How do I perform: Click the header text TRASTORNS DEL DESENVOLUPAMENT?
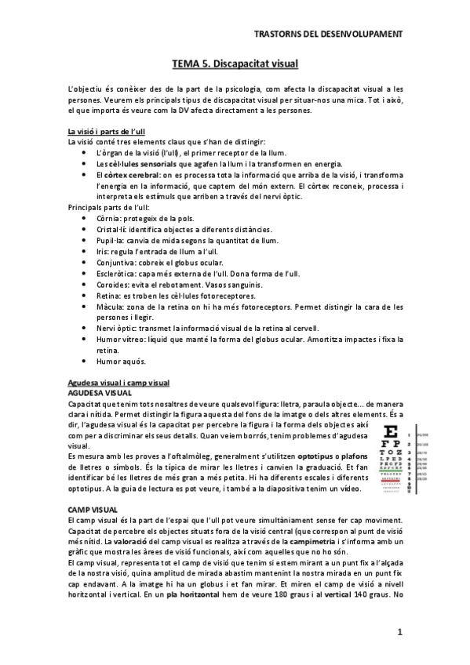(330, 35)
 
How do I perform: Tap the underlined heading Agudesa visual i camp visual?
(119, 382)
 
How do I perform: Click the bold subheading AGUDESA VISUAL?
(100, 392)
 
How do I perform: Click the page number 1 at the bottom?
(399, 631)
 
